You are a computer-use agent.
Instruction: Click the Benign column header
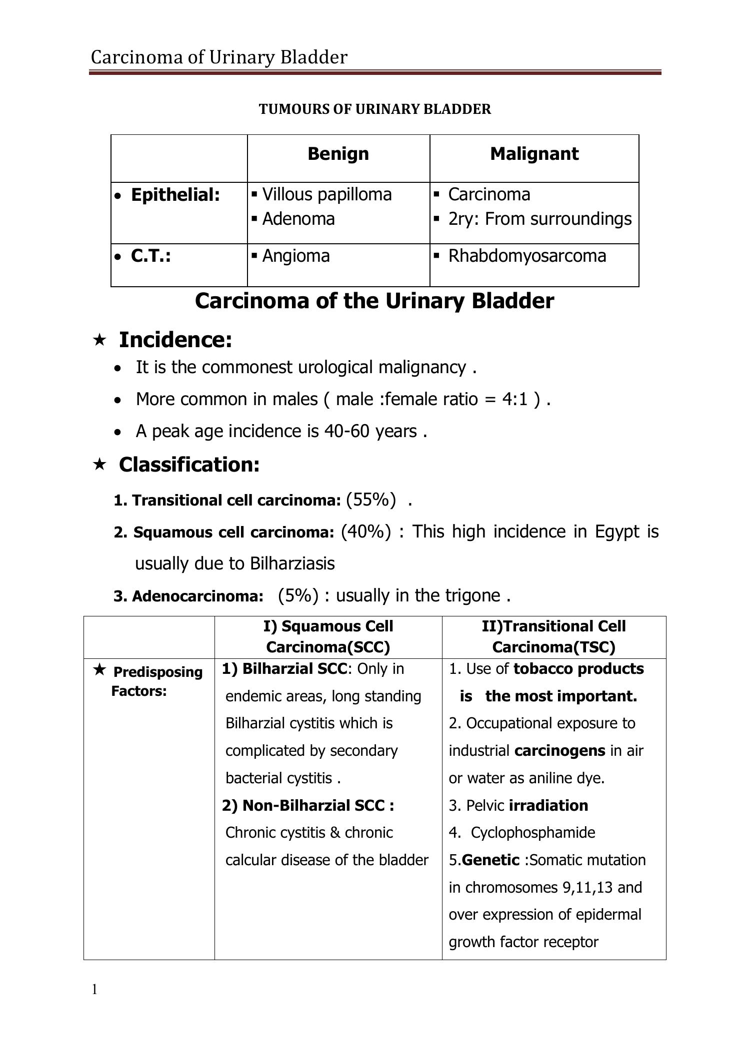(338, 153)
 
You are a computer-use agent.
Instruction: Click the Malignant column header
(534, 153)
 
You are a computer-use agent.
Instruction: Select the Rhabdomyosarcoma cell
(527, 256)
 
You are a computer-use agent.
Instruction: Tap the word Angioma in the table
(296, 256)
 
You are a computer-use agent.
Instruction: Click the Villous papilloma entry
(326, 194)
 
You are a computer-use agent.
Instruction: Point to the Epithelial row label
(175, 195)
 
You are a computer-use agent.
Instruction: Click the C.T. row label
(150, 256)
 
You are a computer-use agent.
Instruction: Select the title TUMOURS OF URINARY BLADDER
(374, 109)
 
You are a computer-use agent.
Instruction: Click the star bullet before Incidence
(99, 340)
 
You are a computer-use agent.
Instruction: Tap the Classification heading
(189, 465)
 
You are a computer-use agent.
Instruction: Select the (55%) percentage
(370, 499)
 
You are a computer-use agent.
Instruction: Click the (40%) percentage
(365, 531)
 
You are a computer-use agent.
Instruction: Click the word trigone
(475, 595)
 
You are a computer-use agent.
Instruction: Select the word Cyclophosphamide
(533, 832)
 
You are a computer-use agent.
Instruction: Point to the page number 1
(94, 989)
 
